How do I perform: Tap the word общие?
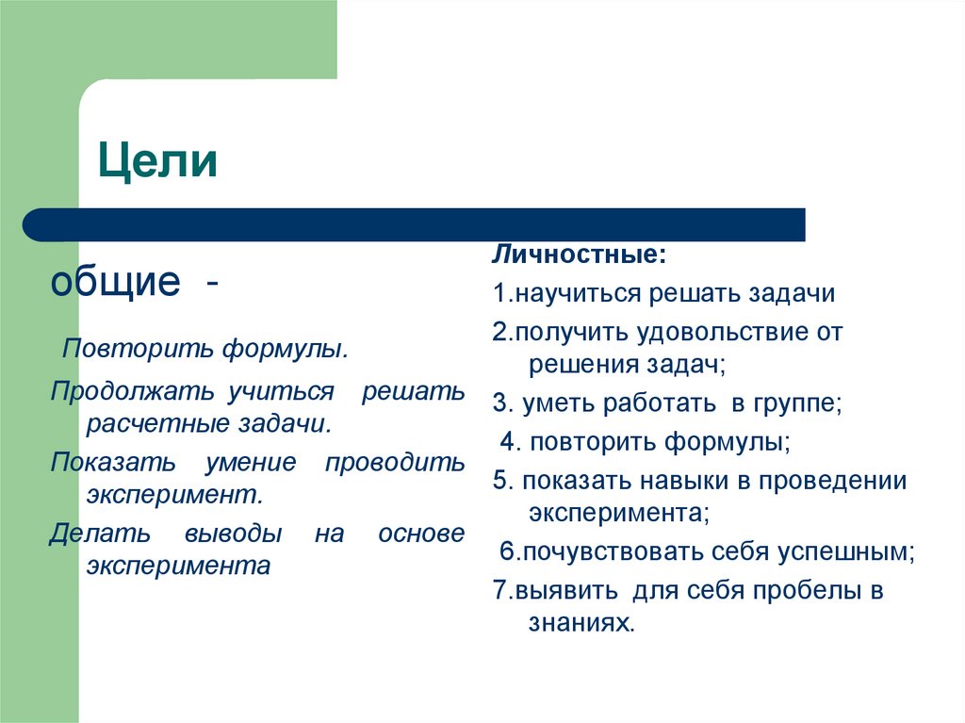[115, 281]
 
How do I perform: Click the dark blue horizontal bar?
[415, 224]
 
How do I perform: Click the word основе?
[420, 534]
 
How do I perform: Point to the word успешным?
[845, 551]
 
